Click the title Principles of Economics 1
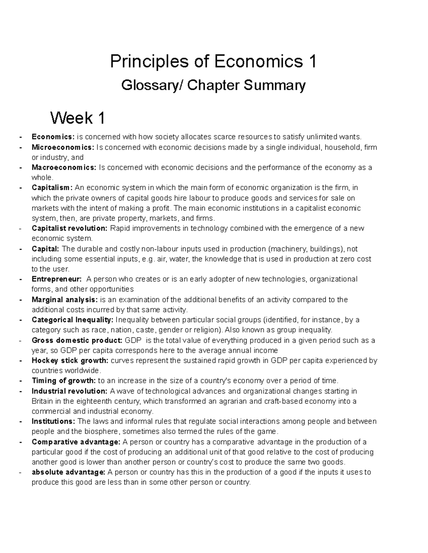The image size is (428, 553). click(x=213, y=62)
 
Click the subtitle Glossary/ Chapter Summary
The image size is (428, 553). click(x=213, y=85)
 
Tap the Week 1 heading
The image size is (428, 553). click(x=77, y=118)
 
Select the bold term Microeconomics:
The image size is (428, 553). click(x=63, y=147)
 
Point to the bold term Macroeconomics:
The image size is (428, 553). click(x=64, y=168)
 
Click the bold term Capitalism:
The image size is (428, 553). click(x=52, y=188)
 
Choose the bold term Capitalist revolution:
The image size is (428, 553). click(x=69, y=228)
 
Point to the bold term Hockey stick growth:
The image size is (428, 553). click(x=70, y=361)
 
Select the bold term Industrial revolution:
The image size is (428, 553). click(x=69, y=391)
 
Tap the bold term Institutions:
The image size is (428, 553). click(x=53, y=422)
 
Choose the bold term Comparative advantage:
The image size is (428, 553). click(x=76, y=442)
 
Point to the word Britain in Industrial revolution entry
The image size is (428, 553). click(x=42, y=401)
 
